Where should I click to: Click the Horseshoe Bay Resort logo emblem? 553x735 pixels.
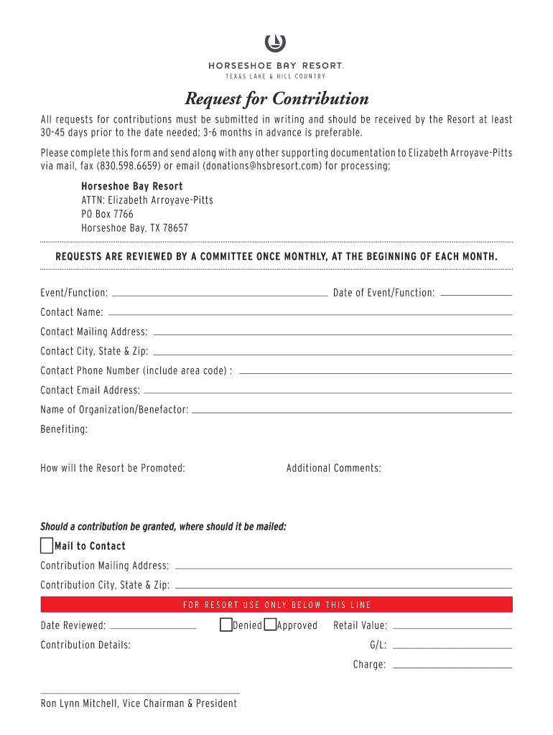pos(276,44)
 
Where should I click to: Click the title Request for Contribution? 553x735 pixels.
pos(276,98)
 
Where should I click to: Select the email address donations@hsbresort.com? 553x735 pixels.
pos(262,166)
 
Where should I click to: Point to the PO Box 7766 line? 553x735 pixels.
pos(107,214)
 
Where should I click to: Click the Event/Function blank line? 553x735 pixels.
pos(220,294)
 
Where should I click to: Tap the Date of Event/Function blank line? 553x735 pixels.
pos(475,294)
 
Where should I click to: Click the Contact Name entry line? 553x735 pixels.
pos(310,314)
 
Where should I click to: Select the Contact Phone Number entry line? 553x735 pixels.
pos(375,373)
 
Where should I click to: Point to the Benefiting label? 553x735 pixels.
pos(64,429)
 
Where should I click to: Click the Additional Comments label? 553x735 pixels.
pos(333,468)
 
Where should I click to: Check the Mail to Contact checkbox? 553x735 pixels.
pos(47,546)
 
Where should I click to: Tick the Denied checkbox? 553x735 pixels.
pos(226,624)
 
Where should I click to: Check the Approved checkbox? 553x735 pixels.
pos(270,624)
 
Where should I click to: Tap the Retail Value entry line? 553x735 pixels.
pos(452,627)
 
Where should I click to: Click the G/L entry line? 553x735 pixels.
pos(452,647)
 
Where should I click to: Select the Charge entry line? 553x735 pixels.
pos(452,667)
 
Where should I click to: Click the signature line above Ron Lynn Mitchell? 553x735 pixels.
pos(140,693)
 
